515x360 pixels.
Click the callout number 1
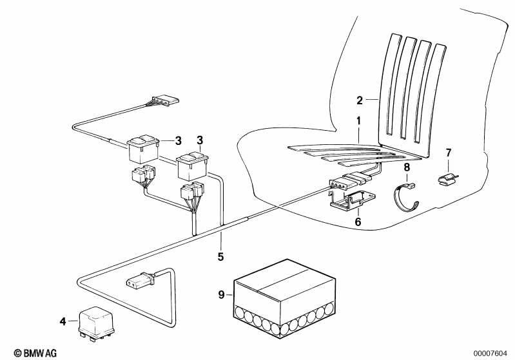(358, 121)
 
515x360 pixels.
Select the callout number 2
(360, 100)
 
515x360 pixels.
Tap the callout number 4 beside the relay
(63, 321)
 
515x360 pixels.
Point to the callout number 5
(220, 256)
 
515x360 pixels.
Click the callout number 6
(358, 222)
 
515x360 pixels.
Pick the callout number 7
(449, 153)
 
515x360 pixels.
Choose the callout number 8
(407, 167)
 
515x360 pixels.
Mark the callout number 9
(222, 295)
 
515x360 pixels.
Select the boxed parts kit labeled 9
(284, 298)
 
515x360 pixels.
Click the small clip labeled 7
(448, 180)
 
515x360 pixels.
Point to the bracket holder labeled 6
(353, 200)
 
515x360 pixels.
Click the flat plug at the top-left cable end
(165, 100)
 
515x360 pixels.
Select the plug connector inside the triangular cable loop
(141, 281)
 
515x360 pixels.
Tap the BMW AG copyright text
(35, 353)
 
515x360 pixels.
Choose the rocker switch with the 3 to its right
(143, 149)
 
